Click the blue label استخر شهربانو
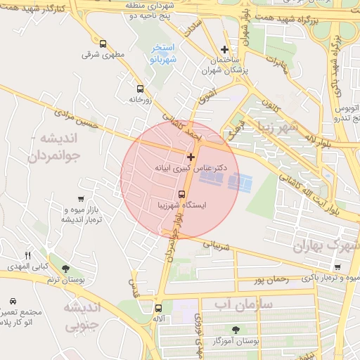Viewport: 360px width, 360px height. point(163,54)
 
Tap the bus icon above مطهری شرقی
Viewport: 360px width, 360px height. point(103,44)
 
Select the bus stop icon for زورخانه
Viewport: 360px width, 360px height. point(140,89)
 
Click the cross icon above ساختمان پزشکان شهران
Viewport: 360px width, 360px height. point(224,49)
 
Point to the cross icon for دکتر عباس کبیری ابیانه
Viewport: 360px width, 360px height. point(191,156)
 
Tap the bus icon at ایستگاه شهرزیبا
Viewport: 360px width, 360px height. point(181,193)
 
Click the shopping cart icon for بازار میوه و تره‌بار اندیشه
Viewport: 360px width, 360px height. point(82,199)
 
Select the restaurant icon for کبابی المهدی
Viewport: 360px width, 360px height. point(28,255)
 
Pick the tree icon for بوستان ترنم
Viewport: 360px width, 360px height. point(65,269)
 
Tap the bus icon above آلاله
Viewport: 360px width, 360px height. point(158,307)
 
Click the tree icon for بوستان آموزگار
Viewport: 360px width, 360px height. point(235,329)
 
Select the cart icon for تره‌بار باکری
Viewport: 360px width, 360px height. point(337,267)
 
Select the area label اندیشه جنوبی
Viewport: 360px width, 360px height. point(83,316)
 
